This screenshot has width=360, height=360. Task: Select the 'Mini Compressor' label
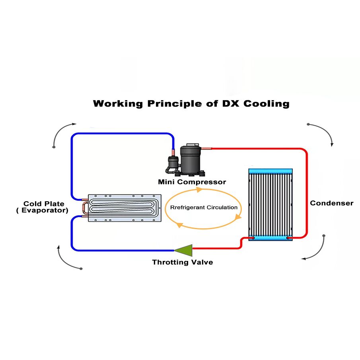[192, 182]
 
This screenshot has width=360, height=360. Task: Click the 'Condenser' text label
[331, 203]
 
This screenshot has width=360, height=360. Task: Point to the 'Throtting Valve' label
[182, 263]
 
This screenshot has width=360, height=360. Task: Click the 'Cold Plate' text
[44, 204]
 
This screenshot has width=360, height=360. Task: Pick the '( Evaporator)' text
[42, 210]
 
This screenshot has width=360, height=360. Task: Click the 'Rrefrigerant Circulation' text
[204, 207]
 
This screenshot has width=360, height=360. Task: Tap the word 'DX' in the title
[229, 104]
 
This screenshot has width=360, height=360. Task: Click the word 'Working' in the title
[118, 104]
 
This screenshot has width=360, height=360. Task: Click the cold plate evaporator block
[125, 208]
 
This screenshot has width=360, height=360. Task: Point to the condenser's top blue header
[271, 171]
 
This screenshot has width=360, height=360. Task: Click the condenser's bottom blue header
[271, 237]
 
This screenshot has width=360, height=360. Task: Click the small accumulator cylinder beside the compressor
[172, 163]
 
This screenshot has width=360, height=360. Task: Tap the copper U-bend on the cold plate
[84, 208]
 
